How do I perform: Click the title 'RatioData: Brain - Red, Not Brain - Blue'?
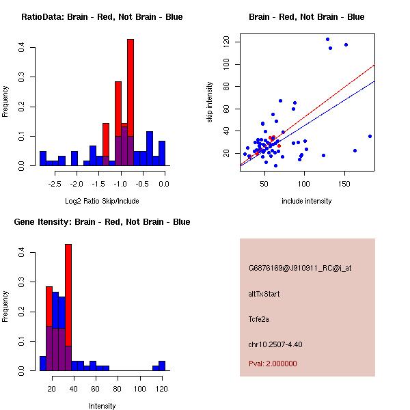102,17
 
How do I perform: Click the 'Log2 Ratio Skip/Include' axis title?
102,201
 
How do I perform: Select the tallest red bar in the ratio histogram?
131,102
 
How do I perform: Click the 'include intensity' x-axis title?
307,201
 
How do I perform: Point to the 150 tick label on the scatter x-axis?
344,184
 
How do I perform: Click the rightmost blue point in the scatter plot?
370,136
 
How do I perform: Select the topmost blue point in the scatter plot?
327,39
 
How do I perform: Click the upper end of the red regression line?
374,66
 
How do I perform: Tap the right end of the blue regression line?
374,81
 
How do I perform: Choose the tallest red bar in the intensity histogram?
68,307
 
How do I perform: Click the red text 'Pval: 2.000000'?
273,364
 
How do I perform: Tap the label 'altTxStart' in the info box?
264,294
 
